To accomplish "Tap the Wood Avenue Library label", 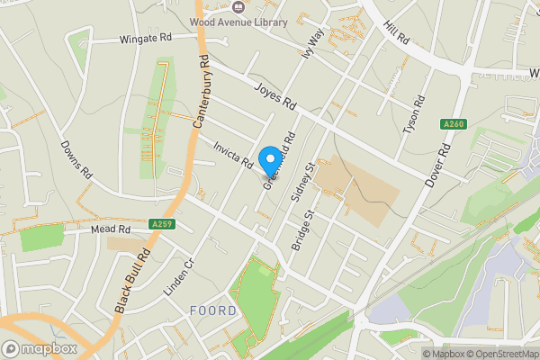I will (238, 22).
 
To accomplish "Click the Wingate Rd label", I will (145, 40).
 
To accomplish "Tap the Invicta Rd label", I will (232, 153).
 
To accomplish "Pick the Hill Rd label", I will (397, 35).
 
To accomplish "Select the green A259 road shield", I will (161, 223).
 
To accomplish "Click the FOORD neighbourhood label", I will (213, 311).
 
